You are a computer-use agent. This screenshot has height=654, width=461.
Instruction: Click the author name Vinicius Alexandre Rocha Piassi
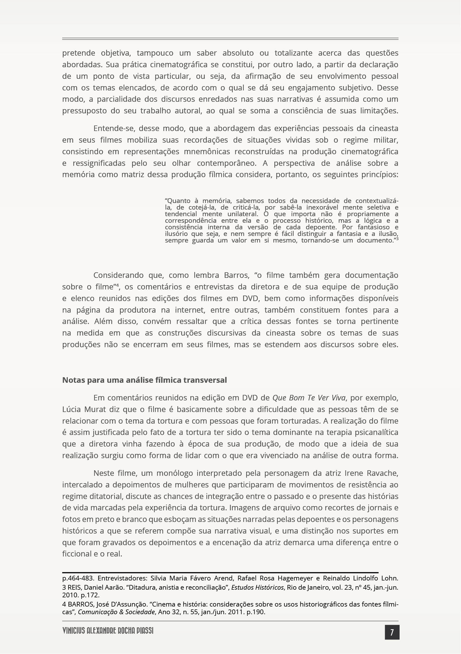(x=108, y=631)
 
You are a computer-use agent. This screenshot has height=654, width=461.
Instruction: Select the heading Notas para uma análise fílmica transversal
(x=144, y=380)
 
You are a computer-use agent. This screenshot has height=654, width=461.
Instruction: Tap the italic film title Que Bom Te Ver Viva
(x=309, y=398)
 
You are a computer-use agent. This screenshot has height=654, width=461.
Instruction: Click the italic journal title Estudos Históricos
(x=258, y=587)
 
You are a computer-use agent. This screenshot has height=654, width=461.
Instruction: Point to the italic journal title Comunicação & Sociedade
(x=117, y=612)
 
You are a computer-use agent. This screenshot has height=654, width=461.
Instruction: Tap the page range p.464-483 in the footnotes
(x=78, y=578)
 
